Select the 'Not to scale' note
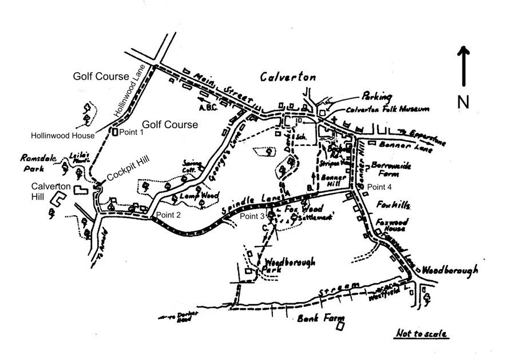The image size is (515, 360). [422, 333]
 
